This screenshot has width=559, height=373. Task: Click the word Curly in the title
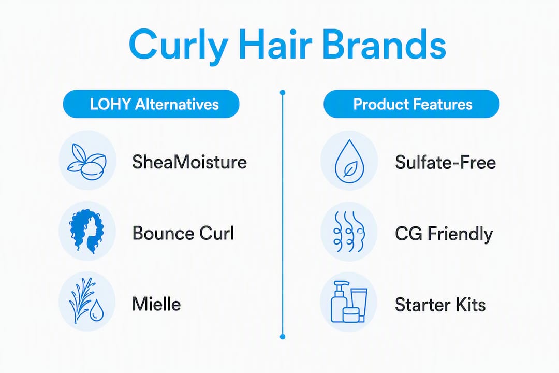click(178, 46)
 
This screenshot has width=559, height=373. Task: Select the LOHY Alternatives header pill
click(151, 104)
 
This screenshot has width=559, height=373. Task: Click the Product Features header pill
click(411, 104)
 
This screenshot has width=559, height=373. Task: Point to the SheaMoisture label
click(189, 162)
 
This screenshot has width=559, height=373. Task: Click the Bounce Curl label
click(183, 233)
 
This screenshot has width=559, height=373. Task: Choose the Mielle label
click(156, 304)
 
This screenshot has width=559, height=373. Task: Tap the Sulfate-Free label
click(445, 162)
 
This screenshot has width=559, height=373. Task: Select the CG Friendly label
click(444, 234)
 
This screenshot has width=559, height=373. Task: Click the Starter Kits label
click(440, 305)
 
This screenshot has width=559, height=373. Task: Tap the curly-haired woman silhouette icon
click(86, 231)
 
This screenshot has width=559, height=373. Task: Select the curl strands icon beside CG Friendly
click(349, 231)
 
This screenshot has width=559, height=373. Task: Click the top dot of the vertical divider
click(283, 93)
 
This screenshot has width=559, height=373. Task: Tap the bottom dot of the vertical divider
click(283, 337)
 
